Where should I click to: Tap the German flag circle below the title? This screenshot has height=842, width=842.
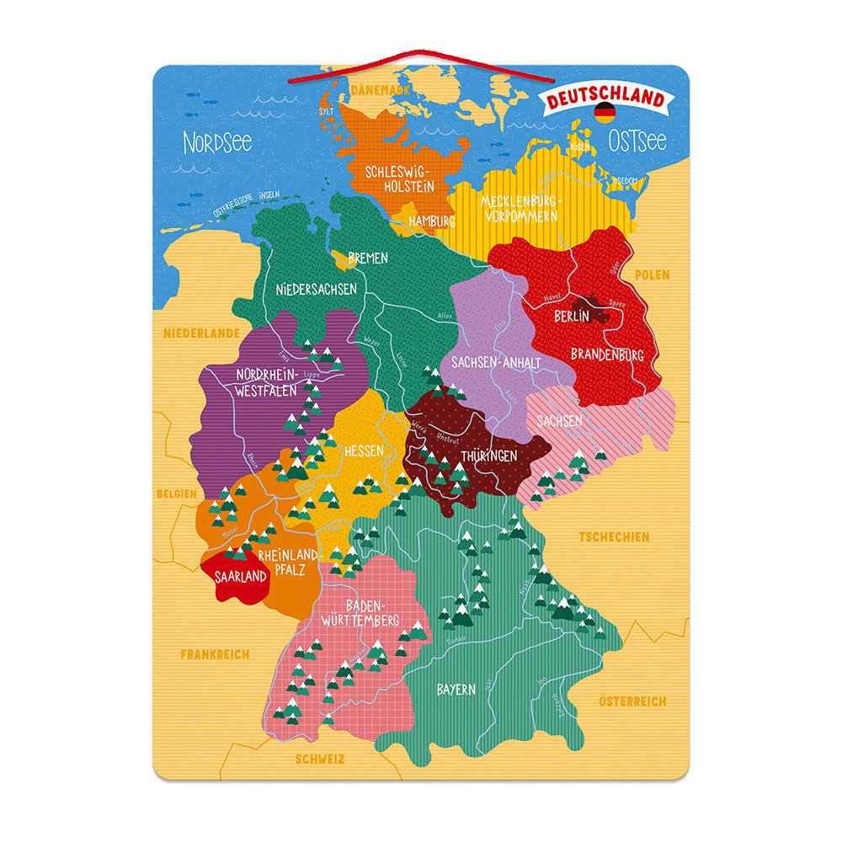605,113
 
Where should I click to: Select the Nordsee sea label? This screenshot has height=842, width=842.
217,142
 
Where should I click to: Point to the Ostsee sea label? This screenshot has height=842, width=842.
637,140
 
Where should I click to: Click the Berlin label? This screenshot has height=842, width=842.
572,317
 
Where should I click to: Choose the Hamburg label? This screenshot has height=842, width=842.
431,221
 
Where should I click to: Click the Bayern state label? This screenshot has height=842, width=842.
456,690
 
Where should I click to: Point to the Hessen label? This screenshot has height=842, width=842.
363,451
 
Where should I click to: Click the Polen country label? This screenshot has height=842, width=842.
652,274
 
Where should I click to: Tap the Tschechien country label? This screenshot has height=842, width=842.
613,536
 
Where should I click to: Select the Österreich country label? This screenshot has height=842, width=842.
632,701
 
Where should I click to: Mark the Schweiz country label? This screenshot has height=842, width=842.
320,759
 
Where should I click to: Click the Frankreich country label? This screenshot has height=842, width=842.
215,653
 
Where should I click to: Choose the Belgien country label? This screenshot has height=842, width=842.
176,493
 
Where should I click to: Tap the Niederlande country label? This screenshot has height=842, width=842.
201,333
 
